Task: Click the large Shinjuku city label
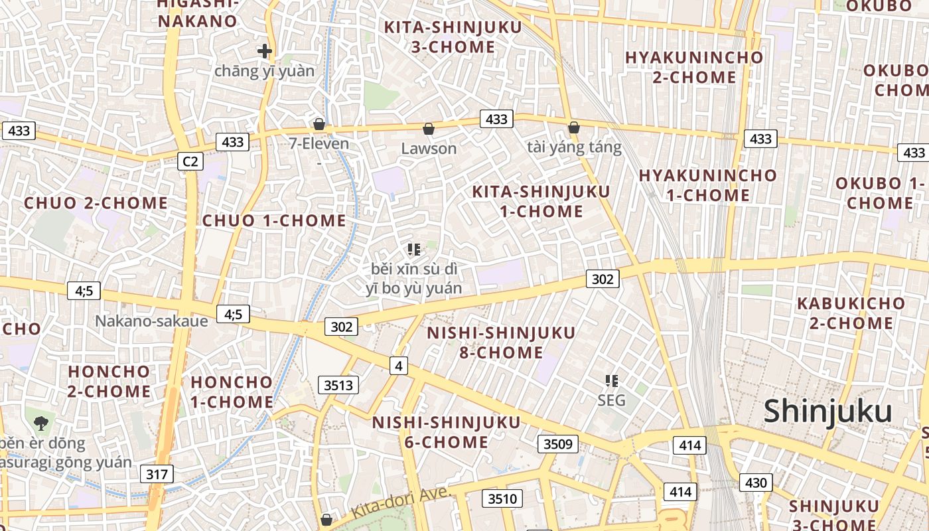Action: [837, 411]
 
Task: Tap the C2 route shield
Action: [190, 161]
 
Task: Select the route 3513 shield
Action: [338, 384]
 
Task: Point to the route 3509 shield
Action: [557, 443]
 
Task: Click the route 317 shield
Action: [157, 474]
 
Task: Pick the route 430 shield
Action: [756, 483]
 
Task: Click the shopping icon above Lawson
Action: [429, 128]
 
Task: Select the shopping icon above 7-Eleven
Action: [319, 124]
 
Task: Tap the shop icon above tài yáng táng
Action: [574, 127]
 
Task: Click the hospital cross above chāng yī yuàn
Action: [265, 50]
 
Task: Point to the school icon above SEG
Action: [612, 381]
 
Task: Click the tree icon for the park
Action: [41, 421]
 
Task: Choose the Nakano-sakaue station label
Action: [151, 321]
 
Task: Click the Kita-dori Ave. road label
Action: [401, 502]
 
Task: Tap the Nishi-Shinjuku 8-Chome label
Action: [501, 342]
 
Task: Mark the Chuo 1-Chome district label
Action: [274, 220]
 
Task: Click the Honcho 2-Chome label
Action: [109, 381]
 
